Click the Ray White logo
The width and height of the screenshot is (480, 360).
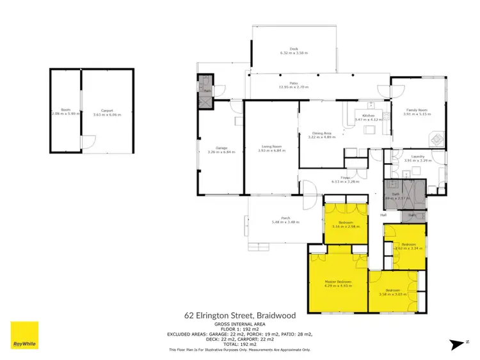pos(24,335)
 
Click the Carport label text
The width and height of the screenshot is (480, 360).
pos(107,110)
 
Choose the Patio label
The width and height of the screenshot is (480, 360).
pos(294,82)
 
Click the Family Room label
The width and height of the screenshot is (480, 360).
pos(417,111)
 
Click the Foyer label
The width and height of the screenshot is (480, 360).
pos(344,177)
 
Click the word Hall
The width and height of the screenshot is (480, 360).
pos(384,215)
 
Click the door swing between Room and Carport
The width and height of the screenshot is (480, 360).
pos(86,142)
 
